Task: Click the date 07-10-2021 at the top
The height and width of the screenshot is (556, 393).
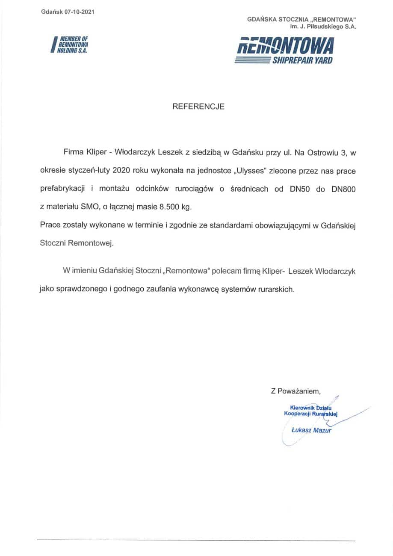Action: [x=80, y=12]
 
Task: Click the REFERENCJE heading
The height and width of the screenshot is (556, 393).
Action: [x=198, y=107]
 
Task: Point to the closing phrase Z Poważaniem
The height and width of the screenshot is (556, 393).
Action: [x=295, y=390]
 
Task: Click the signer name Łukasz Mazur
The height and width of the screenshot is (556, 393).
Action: [x=311, y=430]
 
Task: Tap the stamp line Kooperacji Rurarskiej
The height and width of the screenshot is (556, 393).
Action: [x=311, y=414]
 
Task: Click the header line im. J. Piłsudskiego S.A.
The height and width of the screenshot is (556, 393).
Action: [x=323, y=27]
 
